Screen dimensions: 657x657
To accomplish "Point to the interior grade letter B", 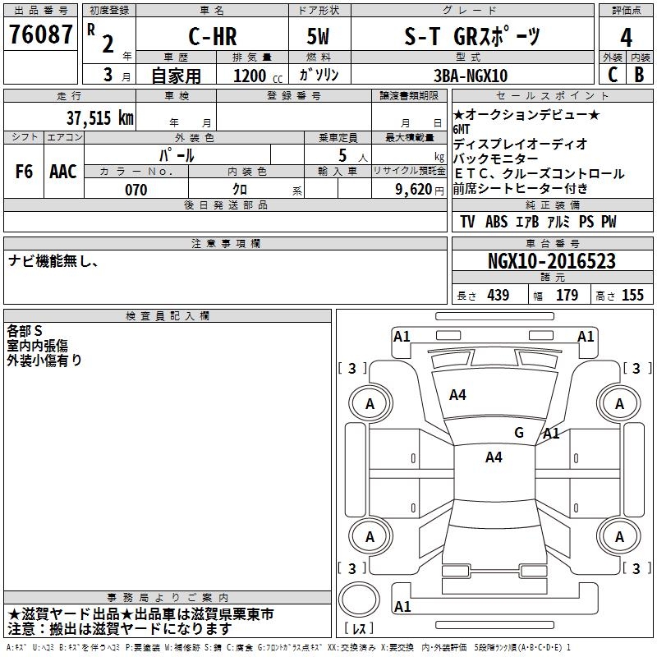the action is pos(639,74).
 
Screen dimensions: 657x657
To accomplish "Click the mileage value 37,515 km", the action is pos(99,117).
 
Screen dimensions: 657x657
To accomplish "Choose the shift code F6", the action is pos(24,172).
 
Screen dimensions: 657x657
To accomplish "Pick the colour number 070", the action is pos(136,190).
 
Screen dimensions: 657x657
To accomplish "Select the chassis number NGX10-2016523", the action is pos(551,261).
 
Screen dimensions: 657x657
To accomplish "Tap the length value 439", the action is pos(498,295).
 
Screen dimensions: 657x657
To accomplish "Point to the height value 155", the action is pos(632,295).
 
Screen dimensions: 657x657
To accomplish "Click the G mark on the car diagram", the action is pos(518,432).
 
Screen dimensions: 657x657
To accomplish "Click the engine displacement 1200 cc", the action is pos(251,76).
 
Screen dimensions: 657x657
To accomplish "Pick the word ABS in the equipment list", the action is pos(496,222).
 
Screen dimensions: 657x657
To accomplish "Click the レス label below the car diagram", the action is pos(360,629).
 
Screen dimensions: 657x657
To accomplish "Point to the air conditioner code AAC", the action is pos(63,172).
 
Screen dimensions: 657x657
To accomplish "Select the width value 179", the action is pos(567,295).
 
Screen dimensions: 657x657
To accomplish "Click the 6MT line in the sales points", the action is pos(463,130).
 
